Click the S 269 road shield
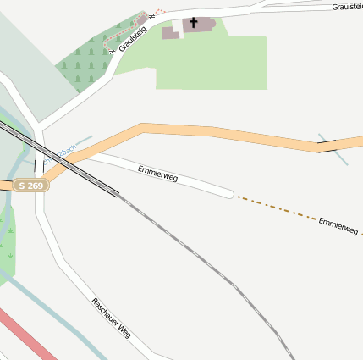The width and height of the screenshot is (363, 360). (x=30, y=186)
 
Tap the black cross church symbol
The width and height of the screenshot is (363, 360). (x=193, y=23)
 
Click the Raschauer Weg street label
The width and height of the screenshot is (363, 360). (x=112, y=317)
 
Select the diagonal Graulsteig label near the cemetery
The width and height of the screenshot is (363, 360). (x=133, y=38)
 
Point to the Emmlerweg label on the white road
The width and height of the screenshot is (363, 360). (x=158, y=174)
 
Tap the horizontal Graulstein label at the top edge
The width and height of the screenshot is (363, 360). (x=347, y=6)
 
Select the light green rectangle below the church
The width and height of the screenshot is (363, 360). (x=212, y=64)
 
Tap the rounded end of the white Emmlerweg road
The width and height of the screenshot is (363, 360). (x=228, y=193)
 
